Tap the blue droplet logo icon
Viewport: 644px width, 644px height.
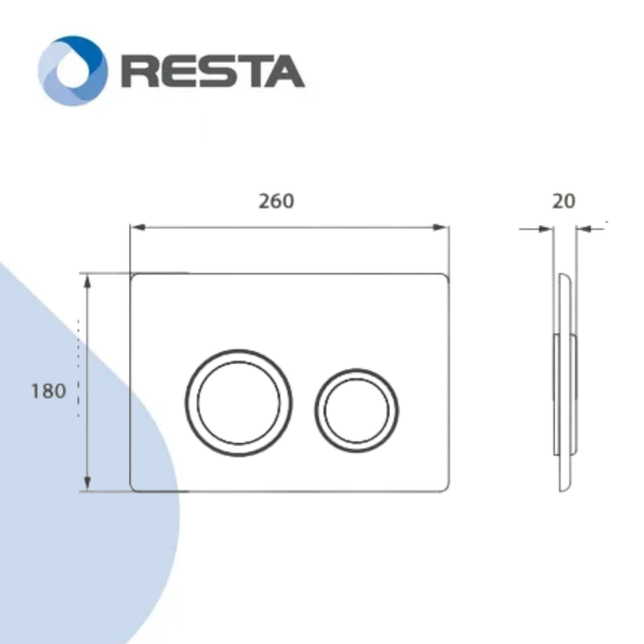point(72,71)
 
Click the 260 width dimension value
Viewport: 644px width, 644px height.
point(276,200)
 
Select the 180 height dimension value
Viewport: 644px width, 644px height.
point(47,392)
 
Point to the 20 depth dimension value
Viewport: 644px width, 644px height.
point(564,200)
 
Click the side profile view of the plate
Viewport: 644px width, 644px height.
point(564,382)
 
